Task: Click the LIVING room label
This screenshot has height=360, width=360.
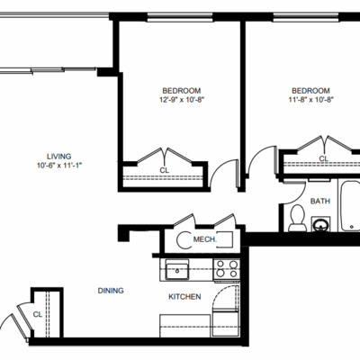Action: (59, 157)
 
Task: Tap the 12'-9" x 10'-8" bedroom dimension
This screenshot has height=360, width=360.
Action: (182, 100)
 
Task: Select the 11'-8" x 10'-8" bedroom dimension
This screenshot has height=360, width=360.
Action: (311, 100)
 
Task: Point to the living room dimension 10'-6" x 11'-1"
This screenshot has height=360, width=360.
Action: (59, 165)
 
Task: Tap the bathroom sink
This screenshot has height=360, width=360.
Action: (320, 224)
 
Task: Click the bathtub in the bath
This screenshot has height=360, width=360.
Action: (349, 205)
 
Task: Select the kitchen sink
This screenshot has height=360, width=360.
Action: (177, 270)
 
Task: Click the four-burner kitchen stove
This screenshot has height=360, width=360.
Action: (227, 269)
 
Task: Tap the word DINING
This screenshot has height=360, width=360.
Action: (111, 291)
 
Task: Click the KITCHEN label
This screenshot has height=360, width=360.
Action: (184, 297)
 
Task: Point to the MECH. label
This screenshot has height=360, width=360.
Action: (205, 239)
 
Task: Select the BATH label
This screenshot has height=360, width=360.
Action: (320, 201)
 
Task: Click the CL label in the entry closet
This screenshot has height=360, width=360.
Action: (38, 314)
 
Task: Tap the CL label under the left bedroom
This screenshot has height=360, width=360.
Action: (164, 170)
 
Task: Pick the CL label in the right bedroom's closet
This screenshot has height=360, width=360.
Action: (323, 158)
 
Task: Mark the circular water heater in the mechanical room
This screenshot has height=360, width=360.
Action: (180, 239)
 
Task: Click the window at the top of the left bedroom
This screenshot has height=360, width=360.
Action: (180, 17)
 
